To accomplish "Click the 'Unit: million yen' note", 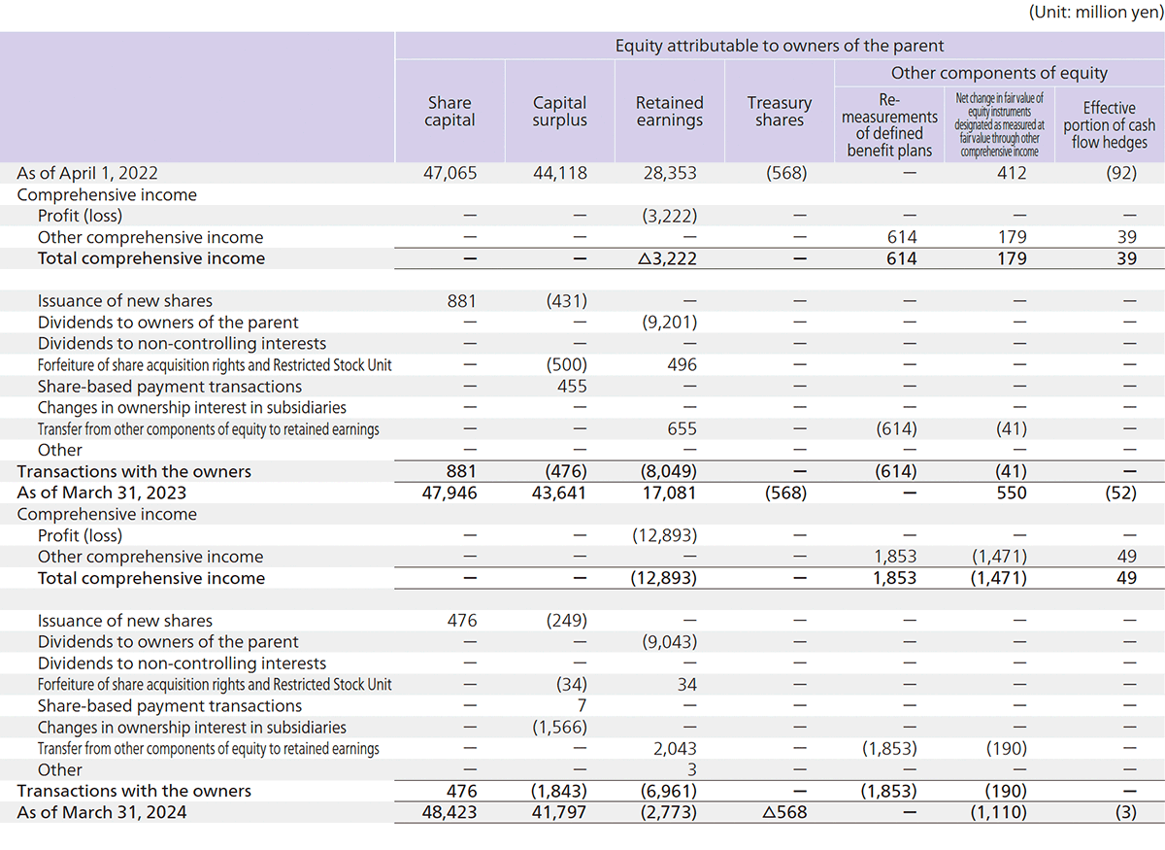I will [1093, 13].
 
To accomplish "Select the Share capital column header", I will [449, 112].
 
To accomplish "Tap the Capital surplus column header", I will [559, 112].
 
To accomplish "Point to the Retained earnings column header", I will [669, 112].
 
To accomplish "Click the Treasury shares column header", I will [779, 112].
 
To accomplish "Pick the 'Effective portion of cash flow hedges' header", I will [1109, 125].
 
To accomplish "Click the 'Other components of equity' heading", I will [999, 73].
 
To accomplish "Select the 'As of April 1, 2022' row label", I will [86, 173].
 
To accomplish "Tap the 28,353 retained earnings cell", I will [670, 173].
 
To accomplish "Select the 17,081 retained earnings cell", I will [670, 493].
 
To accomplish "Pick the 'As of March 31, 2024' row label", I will [101, 812].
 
